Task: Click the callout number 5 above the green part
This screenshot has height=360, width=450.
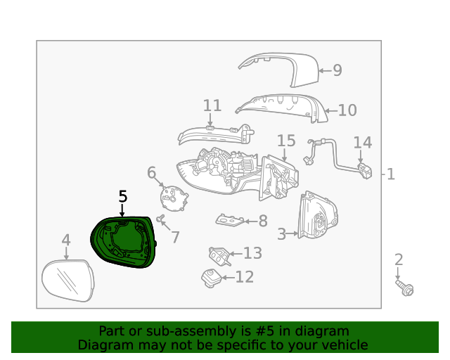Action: coord(122,197)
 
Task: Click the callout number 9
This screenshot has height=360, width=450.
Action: coord(337,70)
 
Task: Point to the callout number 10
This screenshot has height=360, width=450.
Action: coord(347,110)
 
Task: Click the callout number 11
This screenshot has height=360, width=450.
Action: coord(212,106)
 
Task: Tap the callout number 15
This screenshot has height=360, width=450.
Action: coord(285,141)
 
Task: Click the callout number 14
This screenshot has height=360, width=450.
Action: coord(362,143)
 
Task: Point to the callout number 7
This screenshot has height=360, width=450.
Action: coord(175,238)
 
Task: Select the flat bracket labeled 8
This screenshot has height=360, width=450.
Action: coord(229,221)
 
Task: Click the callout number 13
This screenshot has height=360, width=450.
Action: coord(252,253)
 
